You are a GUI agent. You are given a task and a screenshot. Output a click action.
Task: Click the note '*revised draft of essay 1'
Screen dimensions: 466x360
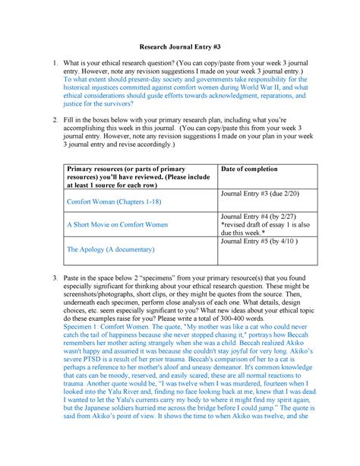264,225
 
